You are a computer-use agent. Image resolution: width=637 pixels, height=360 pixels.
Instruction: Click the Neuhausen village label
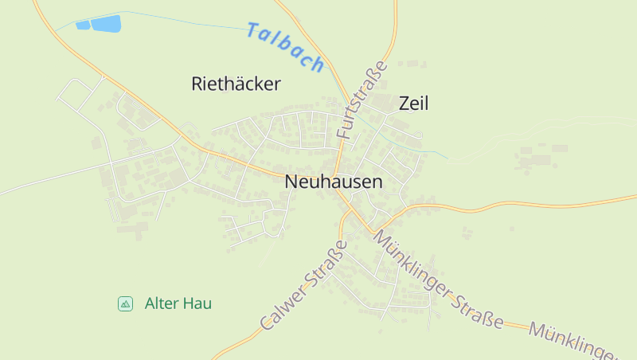click(x=333, y=182)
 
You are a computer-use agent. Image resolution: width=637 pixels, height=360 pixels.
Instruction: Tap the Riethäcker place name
click(x=236, y=84)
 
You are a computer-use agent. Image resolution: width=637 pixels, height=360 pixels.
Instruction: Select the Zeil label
click(x=413, y=103)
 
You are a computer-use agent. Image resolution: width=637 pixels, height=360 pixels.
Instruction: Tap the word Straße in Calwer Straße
click(x=326, y=264)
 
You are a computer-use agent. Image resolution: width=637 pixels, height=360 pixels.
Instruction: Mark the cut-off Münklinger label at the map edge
click(x=576, y=342)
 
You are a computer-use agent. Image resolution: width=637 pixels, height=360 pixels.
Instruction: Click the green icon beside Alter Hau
click(x=125, y=303)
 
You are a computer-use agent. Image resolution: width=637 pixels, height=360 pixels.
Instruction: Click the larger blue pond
click(x=106, y=23)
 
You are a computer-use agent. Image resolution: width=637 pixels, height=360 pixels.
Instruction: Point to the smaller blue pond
click(x=83, y=25)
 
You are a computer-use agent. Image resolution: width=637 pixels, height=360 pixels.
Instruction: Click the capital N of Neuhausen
click(x=291, y=182)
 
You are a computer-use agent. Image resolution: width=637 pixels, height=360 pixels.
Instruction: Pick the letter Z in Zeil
click(x=403, y=103)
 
